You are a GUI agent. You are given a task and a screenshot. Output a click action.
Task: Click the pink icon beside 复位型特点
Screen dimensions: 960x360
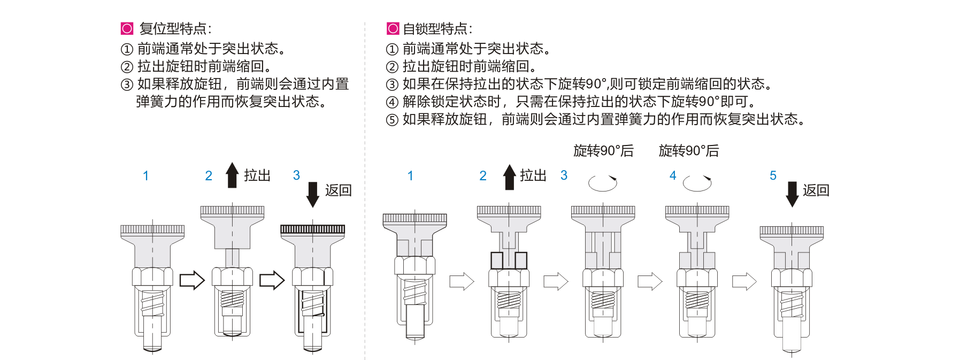point(127,28)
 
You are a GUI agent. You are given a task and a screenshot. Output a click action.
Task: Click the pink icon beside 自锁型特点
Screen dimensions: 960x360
point(393,28)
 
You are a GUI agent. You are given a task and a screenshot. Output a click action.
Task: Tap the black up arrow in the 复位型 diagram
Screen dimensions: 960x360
point(232,175)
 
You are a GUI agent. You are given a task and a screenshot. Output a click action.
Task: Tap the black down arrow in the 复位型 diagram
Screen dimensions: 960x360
point(313,195)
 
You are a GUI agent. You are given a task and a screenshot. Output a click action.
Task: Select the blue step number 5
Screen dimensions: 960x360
point(773,175)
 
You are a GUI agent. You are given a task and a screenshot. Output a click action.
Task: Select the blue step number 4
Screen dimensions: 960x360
point(673,175)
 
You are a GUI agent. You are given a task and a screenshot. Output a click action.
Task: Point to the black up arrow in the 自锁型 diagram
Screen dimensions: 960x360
point(510,177)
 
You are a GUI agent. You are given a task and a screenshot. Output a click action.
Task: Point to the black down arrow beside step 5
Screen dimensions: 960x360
point(792,195)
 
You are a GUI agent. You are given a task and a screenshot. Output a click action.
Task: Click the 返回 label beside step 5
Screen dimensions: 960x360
point(816,190)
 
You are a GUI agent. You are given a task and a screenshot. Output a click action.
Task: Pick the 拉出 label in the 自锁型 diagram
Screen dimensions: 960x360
point(533,175)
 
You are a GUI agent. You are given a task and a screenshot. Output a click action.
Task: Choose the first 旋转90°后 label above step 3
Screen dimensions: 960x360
point(603,151)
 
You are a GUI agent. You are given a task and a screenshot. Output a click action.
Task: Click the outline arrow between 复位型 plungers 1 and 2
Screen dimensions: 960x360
point(192,280)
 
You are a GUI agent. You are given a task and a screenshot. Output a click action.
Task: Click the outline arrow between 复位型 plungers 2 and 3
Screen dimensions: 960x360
point(272,280)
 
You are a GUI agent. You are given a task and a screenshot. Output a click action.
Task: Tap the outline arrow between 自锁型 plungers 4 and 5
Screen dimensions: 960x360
point(744,281)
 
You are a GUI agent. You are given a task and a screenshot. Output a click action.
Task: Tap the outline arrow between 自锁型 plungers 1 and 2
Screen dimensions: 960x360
point(462,281)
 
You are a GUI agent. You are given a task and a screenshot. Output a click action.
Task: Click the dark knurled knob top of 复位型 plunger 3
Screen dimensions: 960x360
point(313,229)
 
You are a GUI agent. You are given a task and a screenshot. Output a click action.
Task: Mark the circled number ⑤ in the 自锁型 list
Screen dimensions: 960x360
point(393,120)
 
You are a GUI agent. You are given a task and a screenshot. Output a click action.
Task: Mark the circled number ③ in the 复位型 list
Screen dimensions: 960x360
point(127,85)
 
